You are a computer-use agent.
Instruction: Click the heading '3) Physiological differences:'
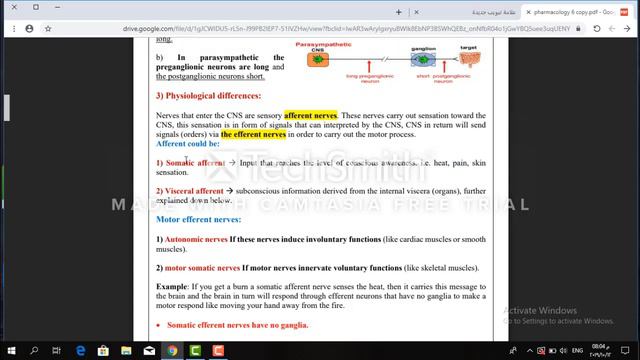pyautogui.click(x=207, y=96)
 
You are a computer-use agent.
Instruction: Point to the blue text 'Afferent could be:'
pyautogui.click(x=188, y=143)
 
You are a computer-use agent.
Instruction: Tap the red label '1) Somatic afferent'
pyautogui.click(x=190, y=162)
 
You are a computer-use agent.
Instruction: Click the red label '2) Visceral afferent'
pyautogui.click(x=189, y=190)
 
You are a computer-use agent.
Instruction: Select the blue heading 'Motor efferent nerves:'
pyautogui.click(x=198, y=218)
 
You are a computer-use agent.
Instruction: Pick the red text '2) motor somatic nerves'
pyautogui.click(x=198, y=268)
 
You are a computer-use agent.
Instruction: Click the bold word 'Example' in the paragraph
pyautogui.click(x=172, y=288)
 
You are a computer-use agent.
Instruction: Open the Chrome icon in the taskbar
pyautogui.click(x=172, y=351)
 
